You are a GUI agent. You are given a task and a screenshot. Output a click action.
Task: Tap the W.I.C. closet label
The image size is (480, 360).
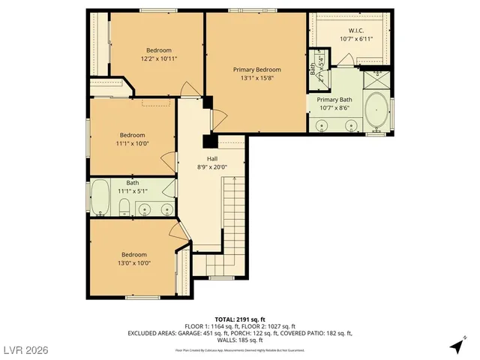(x=356, y=31)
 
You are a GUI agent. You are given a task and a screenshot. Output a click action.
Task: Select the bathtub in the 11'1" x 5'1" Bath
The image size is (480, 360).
(x=100, y=198)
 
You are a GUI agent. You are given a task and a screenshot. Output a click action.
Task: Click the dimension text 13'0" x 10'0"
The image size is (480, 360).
(x=134, y=263)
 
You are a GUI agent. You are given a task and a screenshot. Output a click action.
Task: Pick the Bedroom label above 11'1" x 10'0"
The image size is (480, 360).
(x=132, y=135)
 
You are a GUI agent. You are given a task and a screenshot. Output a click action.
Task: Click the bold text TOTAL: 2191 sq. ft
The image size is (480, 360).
(x=239, y=319)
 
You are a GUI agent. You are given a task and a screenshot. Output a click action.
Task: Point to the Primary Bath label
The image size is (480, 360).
(x=334, y=100)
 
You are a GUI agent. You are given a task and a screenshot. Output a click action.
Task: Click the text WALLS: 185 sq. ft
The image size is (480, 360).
(x=239, y=340)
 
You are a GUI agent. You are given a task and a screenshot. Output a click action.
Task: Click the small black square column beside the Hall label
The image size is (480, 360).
(x=210, y=141)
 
